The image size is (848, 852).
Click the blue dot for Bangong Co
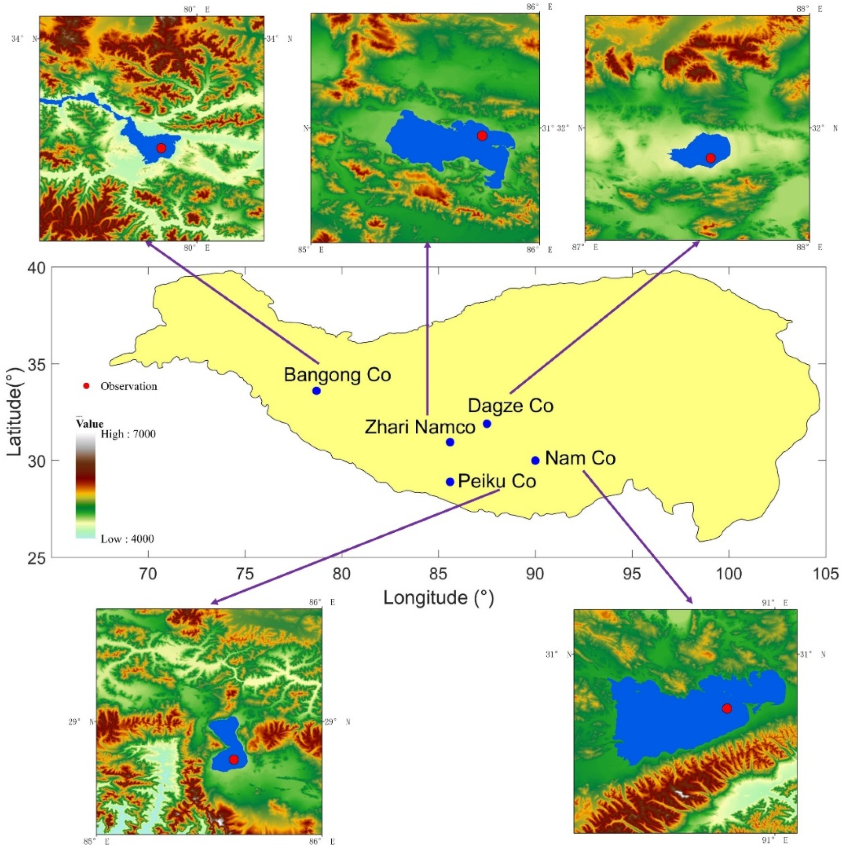[x=316, y=391]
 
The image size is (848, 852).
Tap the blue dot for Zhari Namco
[x=450, y=442]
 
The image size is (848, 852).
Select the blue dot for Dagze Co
[x=487, y=424]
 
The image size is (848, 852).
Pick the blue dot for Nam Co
[x=535, y=460]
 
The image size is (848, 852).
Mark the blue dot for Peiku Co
[x=450, y=482]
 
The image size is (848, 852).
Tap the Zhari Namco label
[x=420, y=427]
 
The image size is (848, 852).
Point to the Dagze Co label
[x=511, y=406]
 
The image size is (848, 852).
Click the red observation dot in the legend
[x=87, y=386]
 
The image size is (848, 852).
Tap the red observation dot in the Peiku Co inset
[x=233, y=759]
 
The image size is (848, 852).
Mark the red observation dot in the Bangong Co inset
[x=161, y=148]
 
